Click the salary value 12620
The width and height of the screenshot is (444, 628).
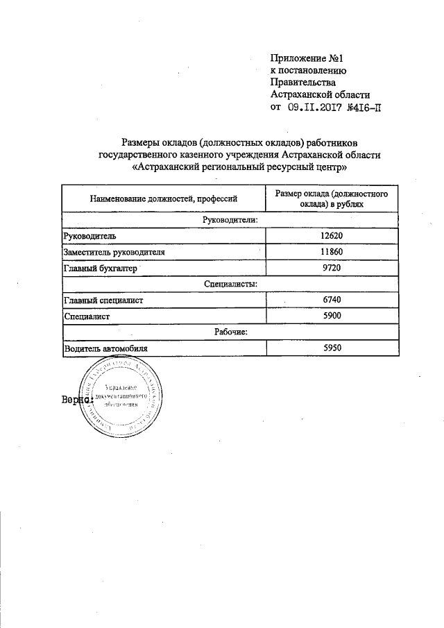click(332, 236)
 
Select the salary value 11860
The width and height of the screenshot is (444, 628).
click(332, 252)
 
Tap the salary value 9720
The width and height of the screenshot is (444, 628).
click(332, 268)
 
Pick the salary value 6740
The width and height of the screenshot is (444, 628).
click(332, 300)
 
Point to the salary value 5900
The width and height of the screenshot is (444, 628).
click(332, 316)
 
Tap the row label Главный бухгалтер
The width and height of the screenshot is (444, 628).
click(101, 268)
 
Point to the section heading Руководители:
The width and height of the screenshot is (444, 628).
click(230, 220)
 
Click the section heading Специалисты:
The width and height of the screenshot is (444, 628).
click(231, 284)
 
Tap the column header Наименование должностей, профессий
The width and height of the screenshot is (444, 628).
click(164, 199)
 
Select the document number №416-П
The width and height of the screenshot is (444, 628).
click(364, 107)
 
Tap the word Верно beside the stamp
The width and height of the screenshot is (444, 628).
click(76, 400)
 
